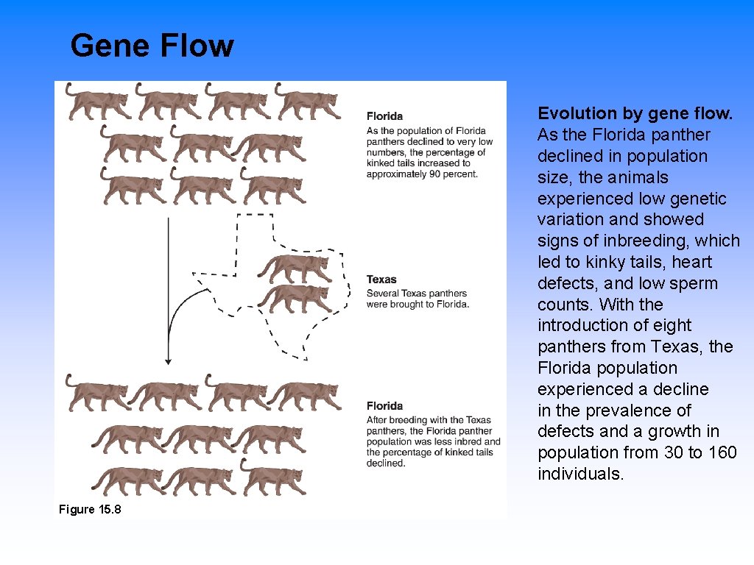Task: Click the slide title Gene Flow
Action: [x=152, y=46]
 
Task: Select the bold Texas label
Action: [x=381, y=280]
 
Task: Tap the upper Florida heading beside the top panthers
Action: [x=384, y=116]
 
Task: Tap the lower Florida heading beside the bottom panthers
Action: [x=384, y=406]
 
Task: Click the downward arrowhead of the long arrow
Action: [x=168, y=360]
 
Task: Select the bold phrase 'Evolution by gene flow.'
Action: [x=635, y=113]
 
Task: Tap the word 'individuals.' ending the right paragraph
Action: [x=580, y=474]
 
